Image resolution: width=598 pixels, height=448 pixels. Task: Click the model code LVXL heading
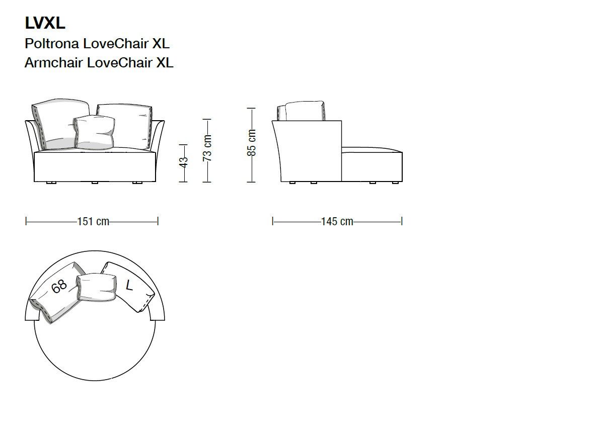45,23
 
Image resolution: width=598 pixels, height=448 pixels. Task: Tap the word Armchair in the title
54,63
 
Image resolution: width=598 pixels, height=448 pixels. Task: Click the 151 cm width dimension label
93,222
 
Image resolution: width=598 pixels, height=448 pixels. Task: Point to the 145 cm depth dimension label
337,222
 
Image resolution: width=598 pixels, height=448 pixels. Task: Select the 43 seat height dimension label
184,162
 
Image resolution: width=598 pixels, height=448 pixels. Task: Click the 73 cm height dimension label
207,148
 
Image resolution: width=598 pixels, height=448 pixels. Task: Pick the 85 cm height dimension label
252,143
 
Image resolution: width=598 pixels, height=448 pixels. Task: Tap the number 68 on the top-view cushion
59,287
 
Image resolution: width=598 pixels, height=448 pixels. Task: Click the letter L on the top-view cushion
129,286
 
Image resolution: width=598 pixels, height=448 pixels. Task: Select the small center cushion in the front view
95,132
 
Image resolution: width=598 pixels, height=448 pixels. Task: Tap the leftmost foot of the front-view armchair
50,183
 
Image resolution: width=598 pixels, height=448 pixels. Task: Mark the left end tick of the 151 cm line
26,221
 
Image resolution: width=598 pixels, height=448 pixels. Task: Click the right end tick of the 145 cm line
402,221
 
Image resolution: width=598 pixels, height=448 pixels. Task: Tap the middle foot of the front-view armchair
94,183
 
